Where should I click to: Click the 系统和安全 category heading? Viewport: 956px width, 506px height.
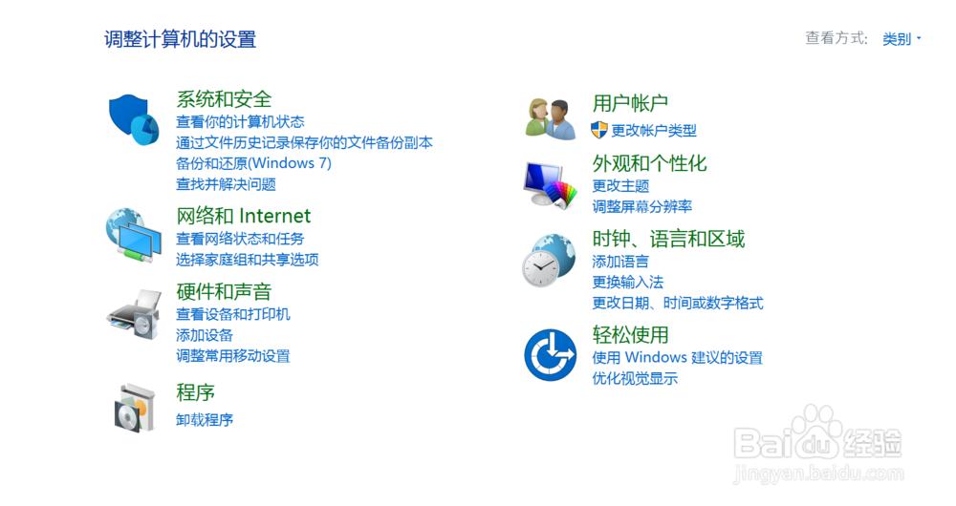coord(224,98)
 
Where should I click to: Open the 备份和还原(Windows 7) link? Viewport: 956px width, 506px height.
coord(253,163)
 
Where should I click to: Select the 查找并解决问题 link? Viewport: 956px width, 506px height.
coord(226,184)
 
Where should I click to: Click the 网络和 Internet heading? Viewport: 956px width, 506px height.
coord(243,216)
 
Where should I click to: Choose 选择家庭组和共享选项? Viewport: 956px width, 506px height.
coord(247,260)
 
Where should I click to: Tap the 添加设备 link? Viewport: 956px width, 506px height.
coord(205,335)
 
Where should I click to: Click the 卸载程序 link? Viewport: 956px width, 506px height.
coord(205,419)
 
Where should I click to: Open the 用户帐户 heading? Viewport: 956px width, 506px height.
coord(630,103)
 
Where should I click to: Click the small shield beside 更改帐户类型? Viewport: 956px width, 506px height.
coord(598,130)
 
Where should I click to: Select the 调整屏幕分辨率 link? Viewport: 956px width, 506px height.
coord(642,206)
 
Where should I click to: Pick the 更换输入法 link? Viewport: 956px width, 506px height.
coord(627,282)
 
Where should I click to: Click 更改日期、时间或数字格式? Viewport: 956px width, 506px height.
coord(678,303)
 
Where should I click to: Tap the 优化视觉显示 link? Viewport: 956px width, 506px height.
coord(635,378)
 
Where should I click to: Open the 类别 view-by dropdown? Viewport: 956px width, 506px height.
coord(902,39)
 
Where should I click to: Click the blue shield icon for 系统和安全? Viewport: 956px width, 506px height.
coord(134,119)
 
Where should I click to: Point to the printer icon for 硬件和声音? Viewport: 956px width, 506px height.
coord(134,314)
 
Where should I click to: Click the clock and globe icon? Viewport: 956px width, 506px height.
coord(549,260)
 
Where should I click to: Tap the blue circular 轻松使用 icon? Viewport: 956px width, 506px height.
coord(550,355)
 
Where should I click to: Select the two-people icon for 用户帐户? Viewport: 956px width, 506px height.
coord(551,118)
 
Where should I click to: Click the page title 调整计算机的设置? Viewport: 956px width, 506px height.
coord(180,39)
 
